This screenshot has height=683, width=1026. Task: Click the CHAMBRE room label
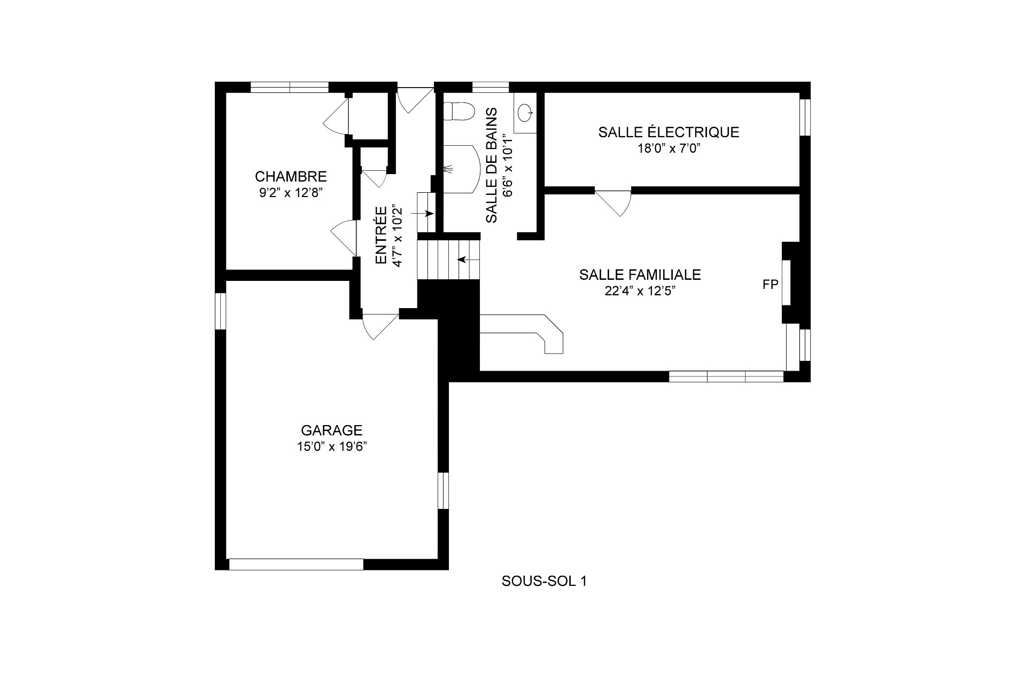click(291, 176)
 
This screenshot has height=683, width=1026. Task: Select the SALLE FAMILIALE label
click(640, 274)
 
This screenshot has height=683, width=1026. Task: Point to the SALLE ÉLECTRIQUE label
click(669, 132)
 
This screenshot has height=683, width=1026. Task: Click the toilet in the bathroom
click(459, 112)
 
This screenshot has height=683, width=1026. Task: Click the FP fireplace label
click(770, 285)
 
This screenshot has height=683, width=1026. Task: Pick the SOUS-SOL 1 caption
click(544, 582)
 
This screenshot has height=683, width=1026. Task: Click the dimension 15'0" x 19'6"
click(332, 447)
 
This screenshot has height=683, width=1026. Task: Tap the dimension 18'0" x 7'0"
click(669, 148)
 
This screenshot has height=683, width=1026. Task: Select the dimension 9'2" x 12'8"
click(291, 193)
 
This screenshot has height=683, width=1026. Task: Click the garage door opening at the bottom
click(296, 564)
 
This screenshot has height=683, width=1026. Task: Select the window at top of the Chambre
click(290, 87)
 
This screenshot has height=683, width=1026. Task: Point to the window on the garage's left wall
click(221, 311)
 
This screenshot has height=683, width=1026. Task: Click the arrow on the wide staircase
click(469, 260)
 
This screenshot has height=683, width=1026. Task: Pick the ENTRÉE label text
click(381, 235)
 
